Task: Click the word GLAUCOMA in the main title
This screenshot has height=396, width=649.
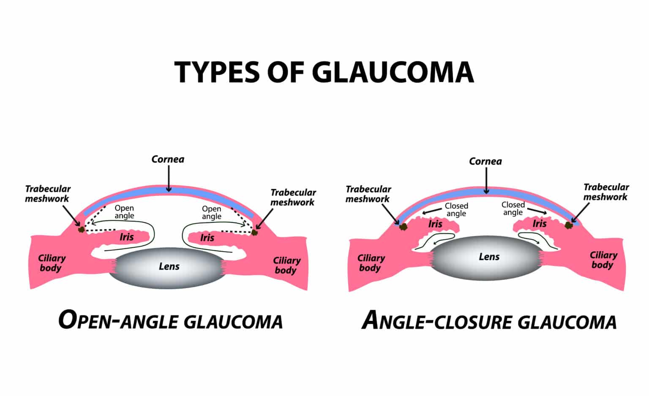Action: click(x=393, y=72)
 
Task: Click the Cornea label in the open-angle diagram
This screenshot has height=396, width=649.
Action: click(x=168, y=159)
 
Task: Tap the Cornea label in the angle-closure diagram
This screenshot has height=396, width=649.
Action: click(x=485, y=161)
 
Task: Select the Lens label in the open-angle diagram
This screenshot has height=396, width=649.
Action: click(x=169, y=266)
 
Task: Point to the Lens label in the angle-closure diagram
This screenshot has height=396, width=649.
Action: click(x=489, y=257)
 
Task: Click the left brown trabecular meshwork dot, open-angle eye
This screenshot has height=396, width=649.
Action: click(x=81, y=229)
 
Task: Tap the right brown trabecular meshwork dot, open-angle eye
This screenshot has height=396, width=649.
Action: click(x=254, y=232)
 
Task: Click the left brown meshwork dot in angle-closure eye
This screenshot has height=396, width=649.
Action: click(x=404, y=226)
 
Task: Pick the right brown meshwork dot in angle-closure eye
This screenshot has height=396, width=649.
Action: click(x=569, y=225)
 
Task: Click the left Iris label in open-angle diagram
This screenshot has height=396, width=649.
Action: click(x=126, y=237)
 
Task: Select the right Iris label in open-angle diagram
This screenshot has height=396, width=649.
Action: click(x=207, y=238)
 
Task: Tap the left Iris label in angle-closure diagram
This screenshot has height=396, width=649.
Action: click(x=435, y=224)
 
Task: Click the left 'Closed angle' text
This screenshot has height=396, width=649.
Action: click(x=456, y=209)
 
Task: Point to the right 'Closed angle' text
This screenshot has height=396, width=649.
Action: click(x=513, y=209)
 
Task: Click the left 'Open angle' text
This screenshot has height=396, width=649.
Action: click(x=124, y=212)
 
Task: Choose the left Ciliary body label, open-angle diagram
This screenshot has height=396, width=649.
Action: click(x=52, y=263)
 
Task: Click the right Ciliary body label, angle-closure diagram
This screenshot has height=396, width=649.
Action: click(x=603, y=260)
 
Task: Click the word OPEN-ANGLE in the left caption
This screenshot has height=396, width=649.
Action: click(x=119, y=321)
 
